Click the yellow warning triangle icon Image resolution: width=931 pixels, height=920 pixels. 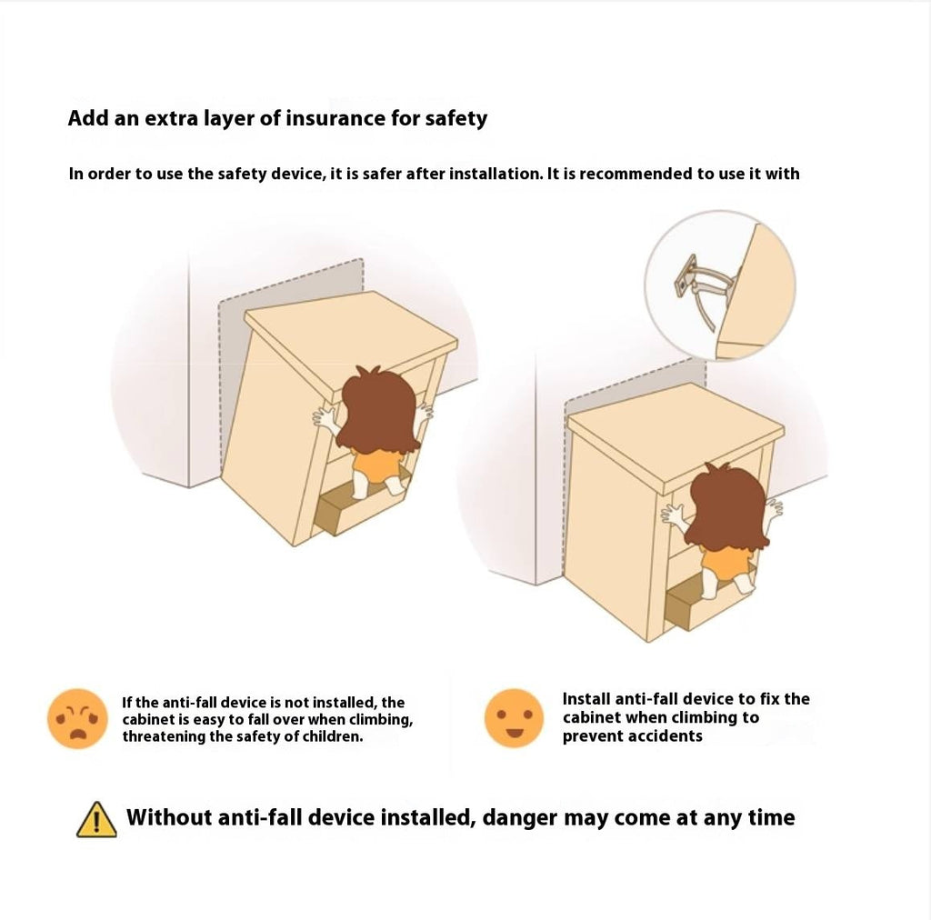click(x=96, y=819)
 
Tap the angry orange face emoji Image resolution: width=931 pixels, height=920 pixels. click(x=78, y=718)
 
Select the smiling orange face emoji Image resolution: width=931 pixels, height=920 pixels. click(x=515, y=717)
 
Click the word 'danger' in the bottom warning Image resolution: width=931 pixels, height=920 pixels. click(x=519, y=818)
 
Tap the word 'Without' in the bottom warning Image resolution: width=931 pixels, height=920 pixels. click(x=168, y=817)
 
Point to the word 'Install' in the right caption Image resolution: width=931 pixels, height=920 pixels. click(x=586, y=698)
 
